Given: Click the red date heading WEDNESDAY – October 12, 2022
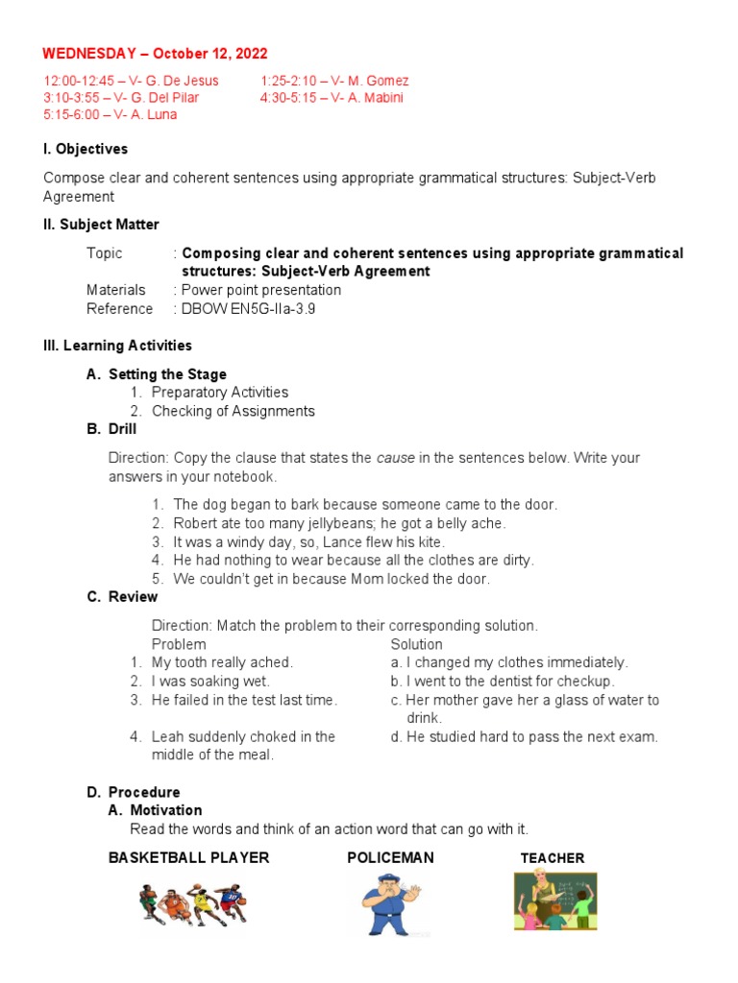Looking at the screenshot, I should [155, 54].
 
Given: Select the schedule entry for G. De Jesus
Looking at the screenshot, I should [131, 81].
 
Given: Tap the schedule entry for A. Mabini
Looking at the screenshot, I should [332, 97].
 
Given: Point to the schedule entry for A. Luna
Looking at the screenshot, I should [110, 114].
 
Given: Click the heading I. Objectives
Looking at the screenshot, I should [86, 149].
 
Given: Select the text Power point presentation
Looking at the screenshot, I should [260, 290].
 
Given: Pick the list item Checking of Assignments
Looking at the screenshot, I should [233, 411].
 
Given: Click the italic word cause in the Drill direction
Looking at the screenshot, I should [395, 458].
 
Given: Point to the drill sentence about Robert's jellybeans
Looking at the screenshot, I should [339, 523].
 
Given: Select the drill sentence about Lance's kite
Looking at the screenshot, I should [308, 541].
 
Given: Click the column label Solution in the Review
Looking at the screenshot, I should [416, 644].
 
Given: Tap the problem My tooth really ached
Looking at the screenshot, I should [222, 662].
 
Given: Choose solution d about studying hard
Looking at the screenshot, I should [525, 737].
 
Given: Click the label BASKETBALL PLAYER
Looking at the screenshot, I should [188, 857].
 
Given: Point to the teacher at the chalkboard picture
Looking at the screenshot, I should [554, 901].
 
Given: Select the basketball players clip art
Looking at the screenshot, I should [189, 904].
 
